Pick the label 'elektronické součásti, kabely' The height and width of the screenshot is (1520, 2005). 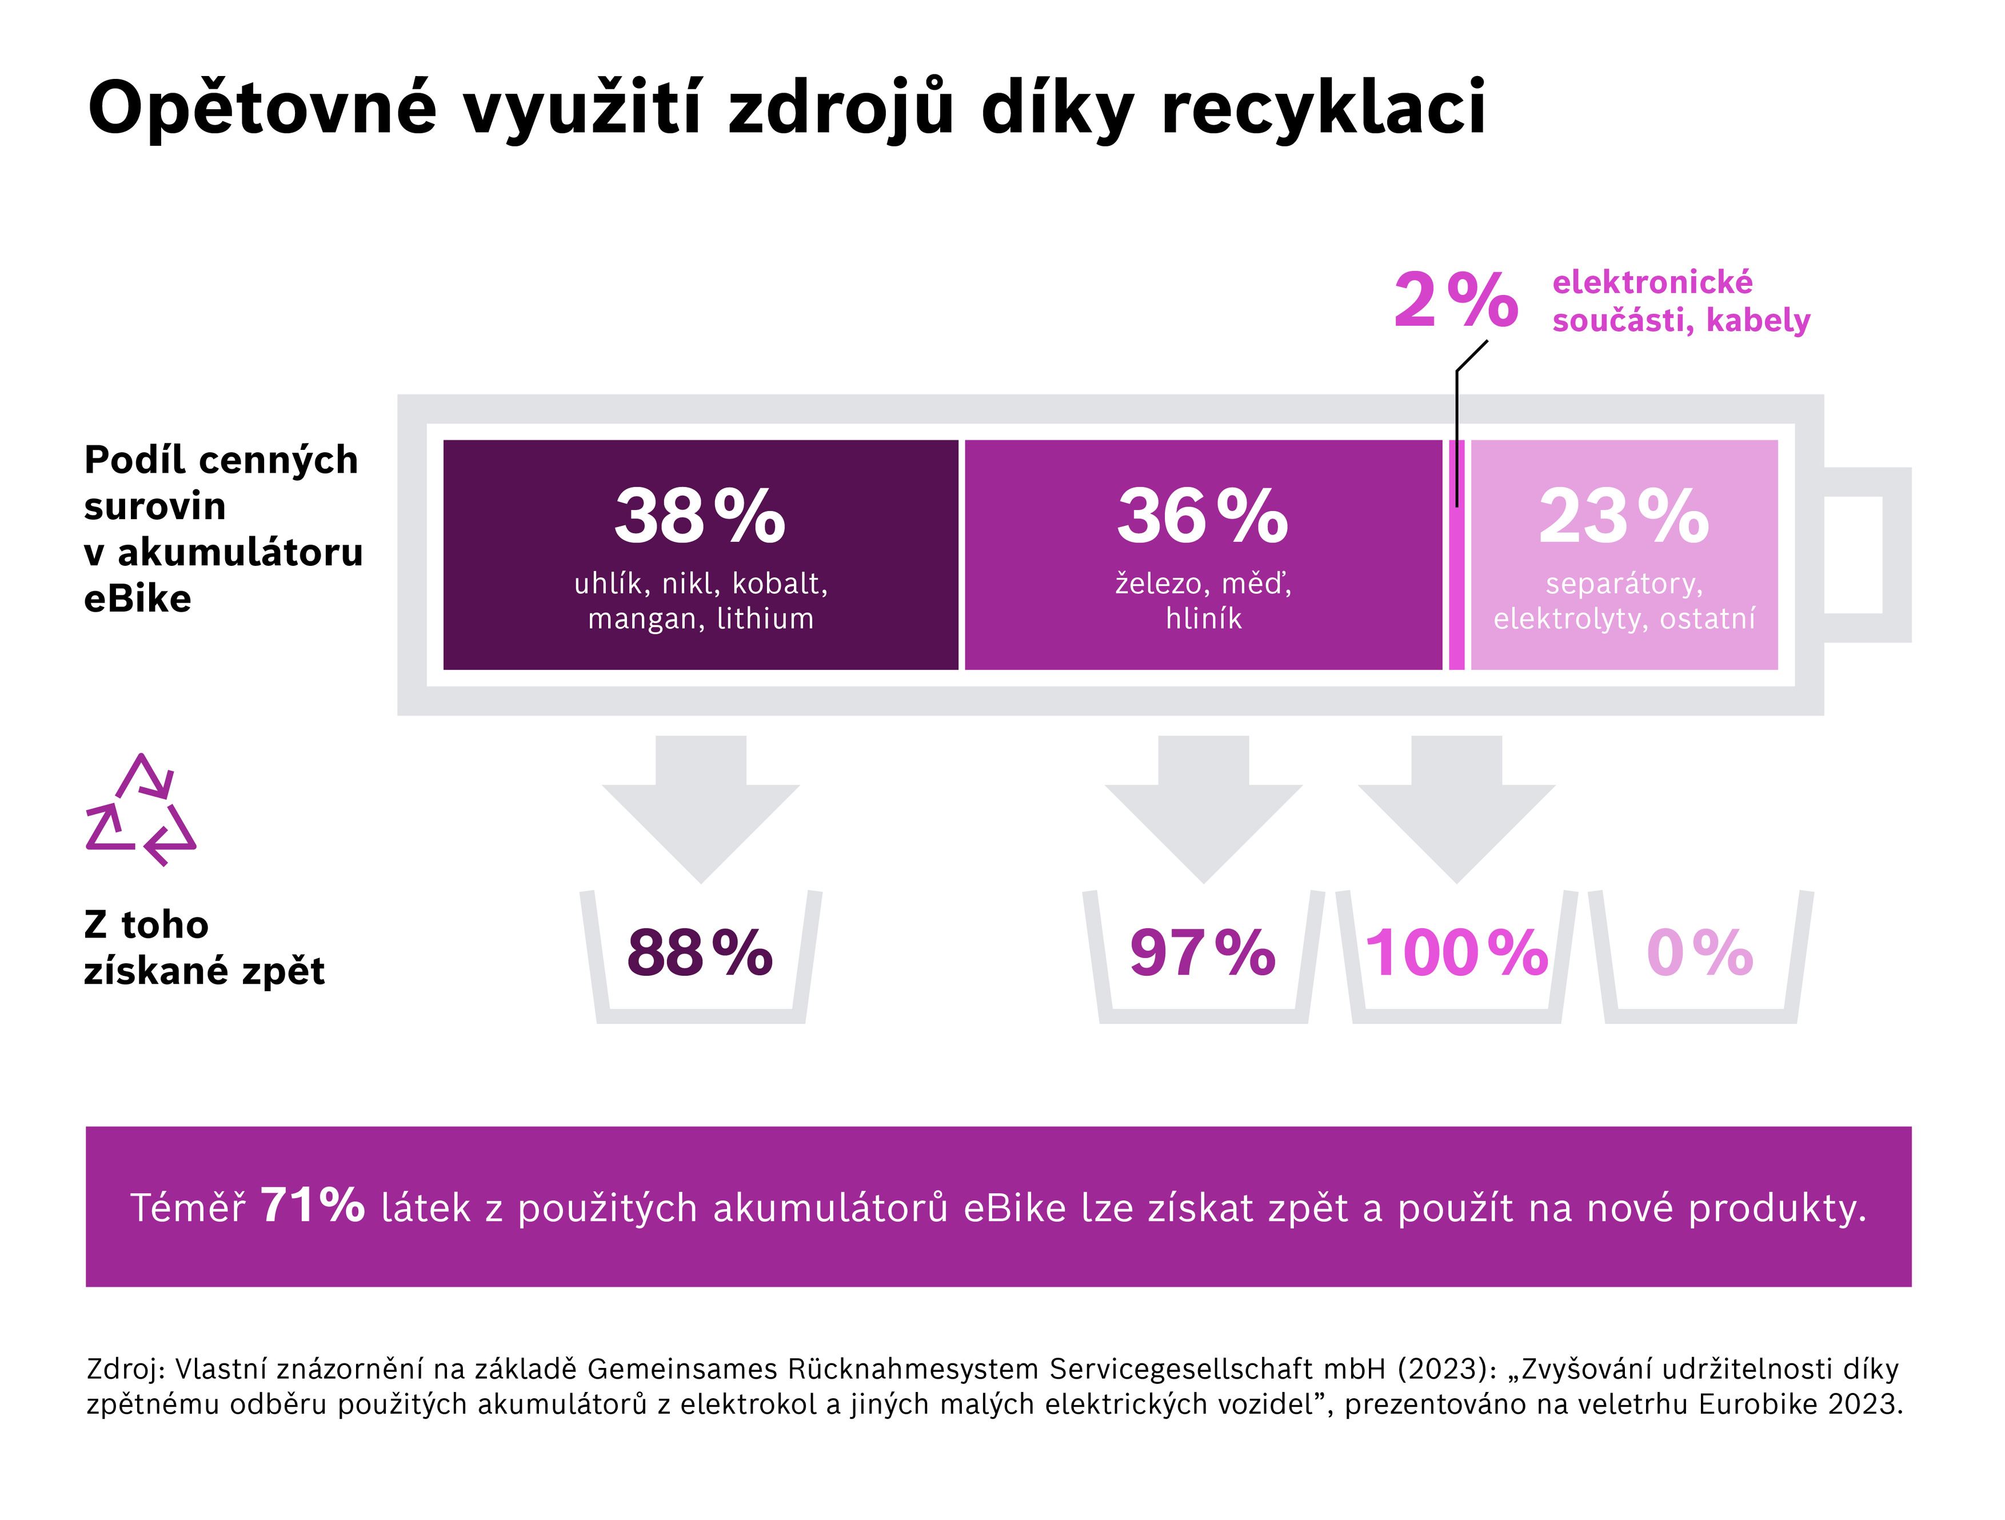1680,301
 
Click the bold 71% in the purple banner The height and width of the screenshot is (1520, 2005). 312,1206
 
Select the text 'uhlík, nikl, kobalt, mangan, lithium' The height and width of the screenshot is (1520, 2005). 701,601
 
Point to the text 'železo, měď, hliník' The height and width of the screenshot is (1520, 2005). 1203,601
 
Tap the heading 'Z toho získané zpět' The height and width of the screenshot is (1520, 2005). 204,947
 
